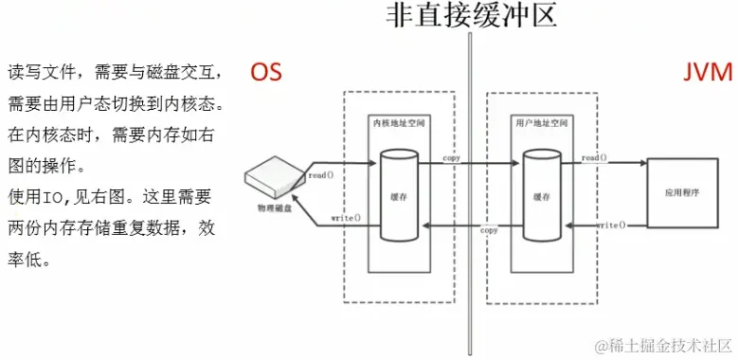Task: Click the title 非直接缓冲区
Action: pos(470,17)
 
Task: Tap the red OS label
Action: pos(266,72)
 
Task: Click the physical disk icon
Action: pos(273,176)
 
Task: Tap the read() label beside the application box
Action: pos(595,157)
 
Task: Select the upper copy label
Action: pos(450,157)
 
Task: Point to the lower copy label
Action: pos(490,230)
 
